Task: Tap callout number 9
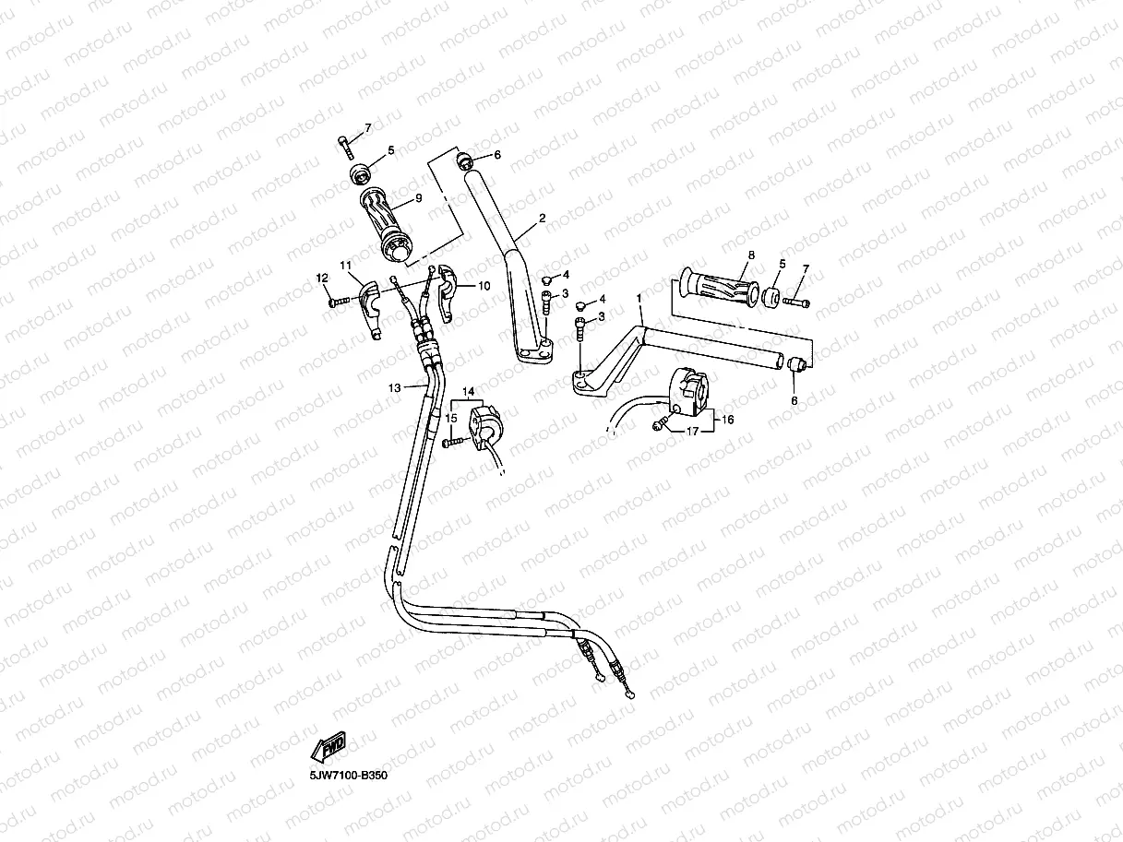418,198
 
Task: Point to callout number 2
543,218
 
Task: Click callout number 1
639,299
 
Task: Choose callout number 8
751,255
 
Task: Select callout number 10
484,286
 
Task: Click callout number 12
322,278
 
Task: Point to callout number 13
395,388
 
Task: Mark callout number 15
451,418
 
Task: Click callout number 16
727,420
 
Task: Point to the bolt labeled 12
339,300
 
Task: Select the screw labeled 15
451,444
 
